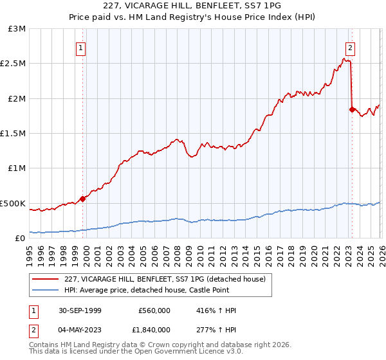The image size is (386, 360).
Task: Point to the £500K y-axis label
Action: coord(12,203)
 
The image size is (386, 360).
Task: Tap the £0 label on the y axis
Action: coord(19,238)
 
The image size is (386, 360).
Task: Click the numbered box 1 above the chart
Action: coord(82,47)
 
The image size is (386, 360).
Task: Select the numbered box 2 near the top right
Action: coord(350,47)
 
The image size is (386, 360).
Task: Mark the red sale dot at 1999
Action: coord(83,199)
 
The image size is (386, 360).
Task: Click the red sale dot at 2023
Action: coord(351,109)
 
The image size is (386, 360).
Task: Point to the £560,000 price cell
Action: coord(154,310)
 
